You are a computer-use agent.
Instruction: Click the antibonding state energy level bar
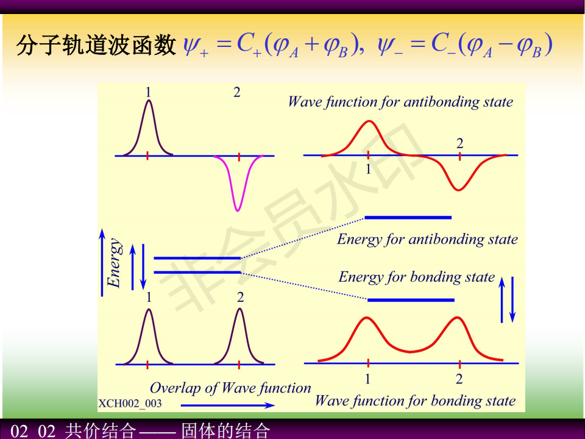pos(408,217)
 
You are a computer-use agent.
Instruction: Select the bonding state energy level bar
pos(411,300)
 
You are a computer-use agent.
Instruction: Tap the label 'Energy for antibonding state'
pos(427,239)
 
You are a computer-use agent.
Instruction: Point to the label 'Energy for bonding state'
pos(416,277)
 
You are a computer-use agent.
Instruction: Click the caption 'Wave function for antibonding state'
pos(400,102)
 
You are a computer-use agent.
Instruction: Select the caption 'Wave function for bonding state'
pos(415,401)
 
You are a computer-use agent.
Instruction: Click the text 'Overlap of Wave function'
pos(230,388)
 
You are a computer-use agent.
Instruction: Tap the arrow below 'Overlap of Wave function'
pos(227,405)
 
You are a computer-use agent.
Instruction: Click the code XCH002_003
pos(130,404)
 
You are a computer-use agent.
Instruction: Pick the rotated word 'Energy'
pos(114,263)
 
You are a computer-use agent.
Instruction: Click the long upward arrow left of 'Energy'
pos(102,263)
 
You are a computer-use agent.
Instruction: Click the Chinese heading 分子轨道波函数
pos(96,45)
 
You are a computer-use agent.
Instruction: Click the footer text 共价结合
pos(101,430)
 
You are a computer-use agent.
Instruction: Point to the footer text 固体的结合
pos(225,430)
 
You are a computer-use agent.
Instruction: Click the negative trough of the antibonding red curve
pos(458,189)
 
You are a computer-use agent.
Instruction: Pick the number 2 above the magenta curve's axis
pos(237,92)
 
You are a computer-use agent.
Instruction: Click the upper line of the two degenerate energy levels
pos(197,258)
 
